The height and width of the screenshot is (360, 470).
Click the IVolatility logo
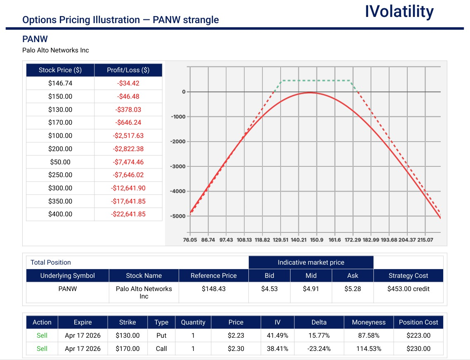(x=399, y=12)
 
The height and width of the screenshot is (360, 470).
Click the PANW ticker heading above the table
(x=35, y=39)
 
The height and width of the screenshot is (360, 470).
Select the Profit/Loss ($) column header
(x=128, y=70)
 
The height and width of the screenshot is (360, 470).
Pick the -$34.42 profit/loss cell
(x=128, y=83)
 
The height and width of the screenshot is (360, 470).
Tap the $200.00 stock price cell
(x=60, y=149)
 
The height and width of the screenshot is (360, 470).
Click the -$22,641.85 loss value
(x=128, y=214)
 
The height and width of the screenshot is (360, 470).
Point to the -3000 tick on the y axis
(x=178, y=166)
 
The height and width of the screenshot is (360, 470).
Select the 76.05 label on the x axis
(x=190, y=240)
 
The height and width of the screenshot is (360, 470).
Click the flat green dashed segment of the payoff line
(x=316, y=81)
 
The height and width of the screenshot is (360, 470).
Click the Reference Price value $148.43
(x=214, y=289)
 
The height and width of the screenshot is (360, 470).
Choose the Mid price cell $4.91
(x=311, y=289)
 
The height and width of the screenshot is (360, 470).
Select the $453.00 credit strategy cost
(x=408, y=289)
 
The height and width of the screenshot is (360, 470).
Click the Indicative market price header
(x=311, y=263)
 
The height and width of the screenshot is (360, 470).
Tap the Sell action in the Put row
(x=42, y=336)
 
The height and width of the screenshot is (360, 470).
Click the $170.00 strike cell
(x=128, y=349)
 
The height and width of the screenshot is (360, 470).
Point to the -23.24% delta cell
(x=319, y=349)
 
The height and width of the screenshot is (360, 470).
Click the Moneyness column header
(x=368, y=322)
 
